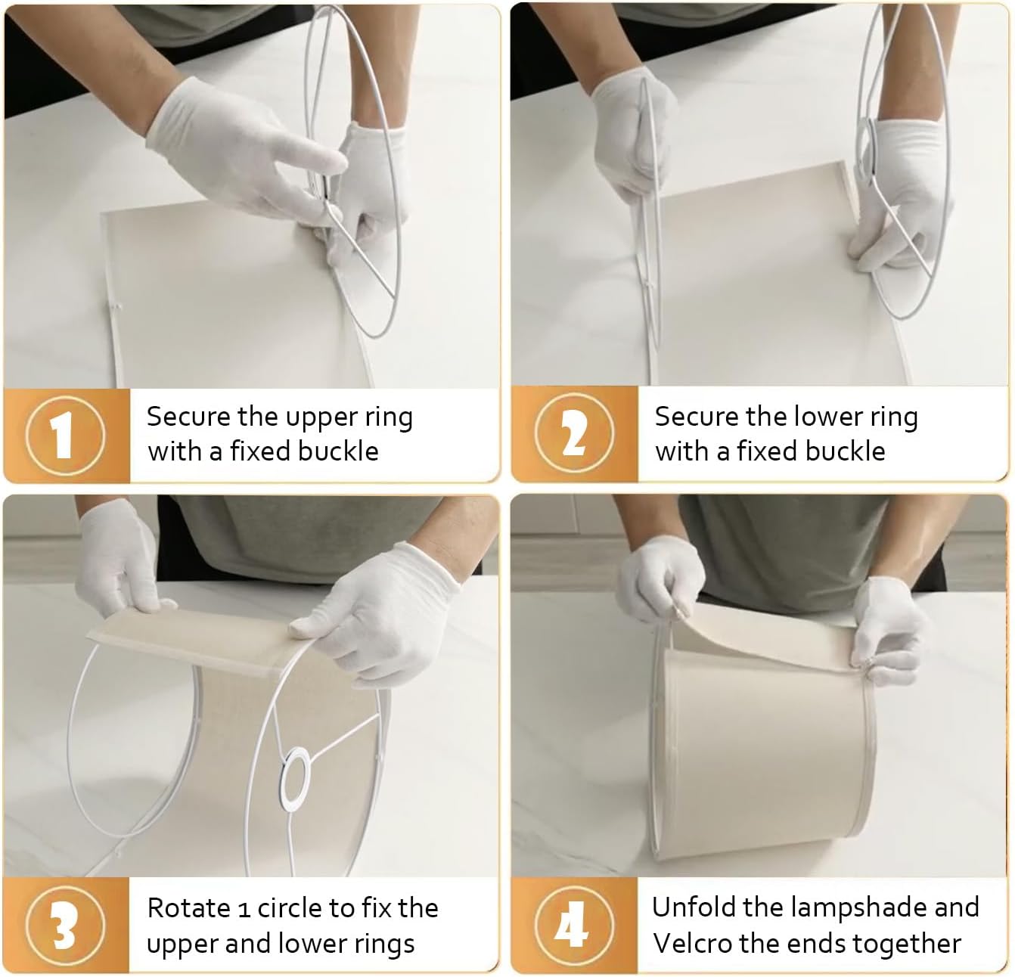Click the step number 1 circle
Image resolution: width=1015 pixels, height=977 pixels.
[x=65, y=436]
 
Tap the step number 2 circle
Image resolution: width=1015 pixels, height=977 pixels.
[x=574, y=433]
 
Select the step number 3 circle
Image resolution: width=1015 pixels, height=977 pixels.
[x=65, y=926]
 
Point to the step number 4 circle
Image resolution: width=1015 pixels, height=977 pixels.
[x=574, y=926]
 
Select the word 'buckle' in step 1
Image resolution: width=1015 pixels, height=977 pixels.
[x=338, y=451]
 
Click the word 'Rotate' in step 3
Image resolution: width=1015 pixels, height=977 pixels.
[x=188, y=908]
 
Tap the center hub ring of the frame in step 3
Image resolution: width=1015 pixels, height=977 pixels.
[x=295, y=779]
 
